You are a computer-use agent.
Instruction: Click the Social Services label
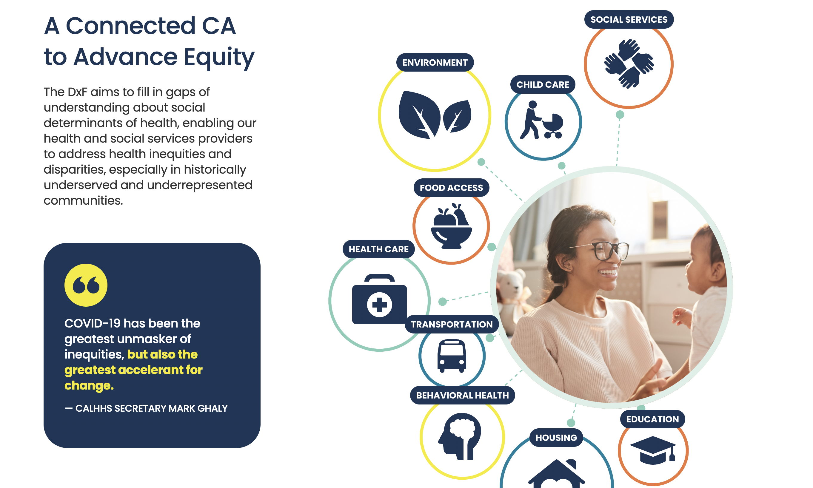coord(629,19)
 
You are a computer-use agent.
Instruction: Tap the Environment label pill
coord(435,62)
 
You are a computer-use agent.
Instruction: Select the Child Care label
coord(543,84)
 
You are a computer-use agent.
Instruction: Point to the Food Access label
coord(451,188)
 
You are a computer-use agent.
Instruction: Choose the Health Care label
coord(378,249)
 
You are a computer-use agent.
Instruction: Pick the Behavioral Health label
coord(462,395)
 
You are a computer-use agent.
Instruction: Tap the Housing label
coord(556,438)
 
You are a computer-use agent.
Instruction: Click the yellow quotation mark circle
coord(86,285)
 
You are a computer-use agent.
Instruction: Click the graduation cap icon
coord(653,450)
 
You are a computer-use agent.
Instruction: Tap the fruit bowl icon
coord(451,226)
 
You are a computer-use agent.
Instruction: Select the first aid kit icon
coord(379,299)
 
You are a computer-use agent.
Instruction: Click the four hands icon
coord(629,64)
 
